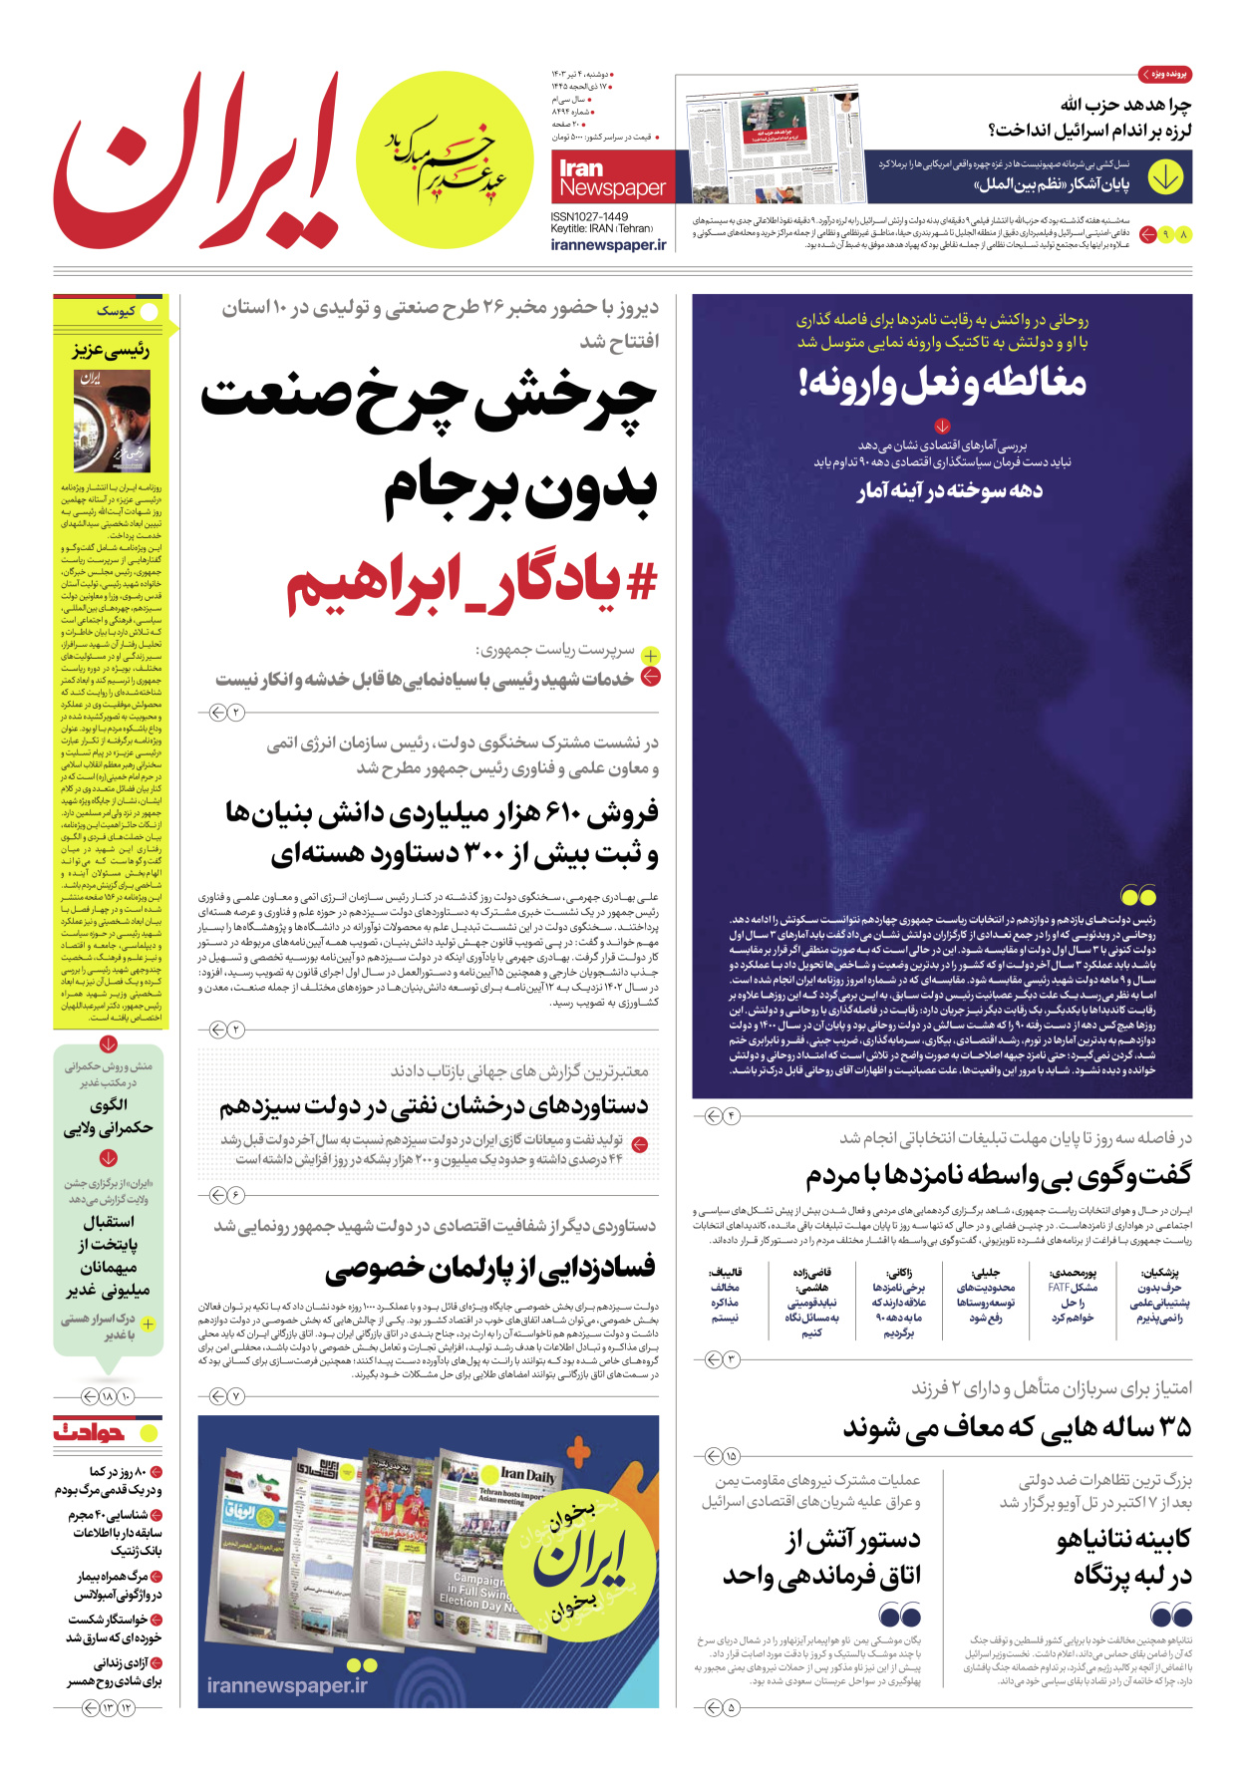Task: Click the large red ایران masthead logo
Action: (x=194, y=164)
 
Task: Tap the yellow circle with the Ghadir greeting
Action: (x=445, y=160)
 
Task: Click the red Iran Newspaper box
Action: (x=611, y=177)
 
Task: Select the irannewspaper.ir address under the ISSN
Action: (x=608, y=245)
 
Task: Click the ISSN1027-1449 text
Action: (x=589, y=216)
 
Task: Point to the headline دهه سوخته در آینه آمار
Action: (x=949, y=490)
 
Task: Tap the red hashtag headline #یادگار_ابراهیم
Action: (x=472, y=584)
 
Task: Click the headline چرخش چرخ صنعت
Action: (x=429, y=399)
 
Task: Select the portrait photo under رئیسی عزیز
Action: (x=112, y=421)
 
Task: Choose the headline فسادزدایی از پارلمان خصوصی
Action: (x=490, y=1269)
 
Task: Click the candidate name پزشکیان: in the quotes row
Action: (x=1160, y=1273)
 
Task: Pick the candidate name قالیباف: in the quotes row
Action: (x=725, y=1273)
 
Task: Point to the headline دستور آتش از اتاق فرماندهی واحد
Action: (x=821, y=1558)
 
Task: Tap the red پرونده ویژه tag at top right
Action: (x=1164, y=75)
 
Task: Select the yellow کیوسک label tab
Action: (x=118, y=311)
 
